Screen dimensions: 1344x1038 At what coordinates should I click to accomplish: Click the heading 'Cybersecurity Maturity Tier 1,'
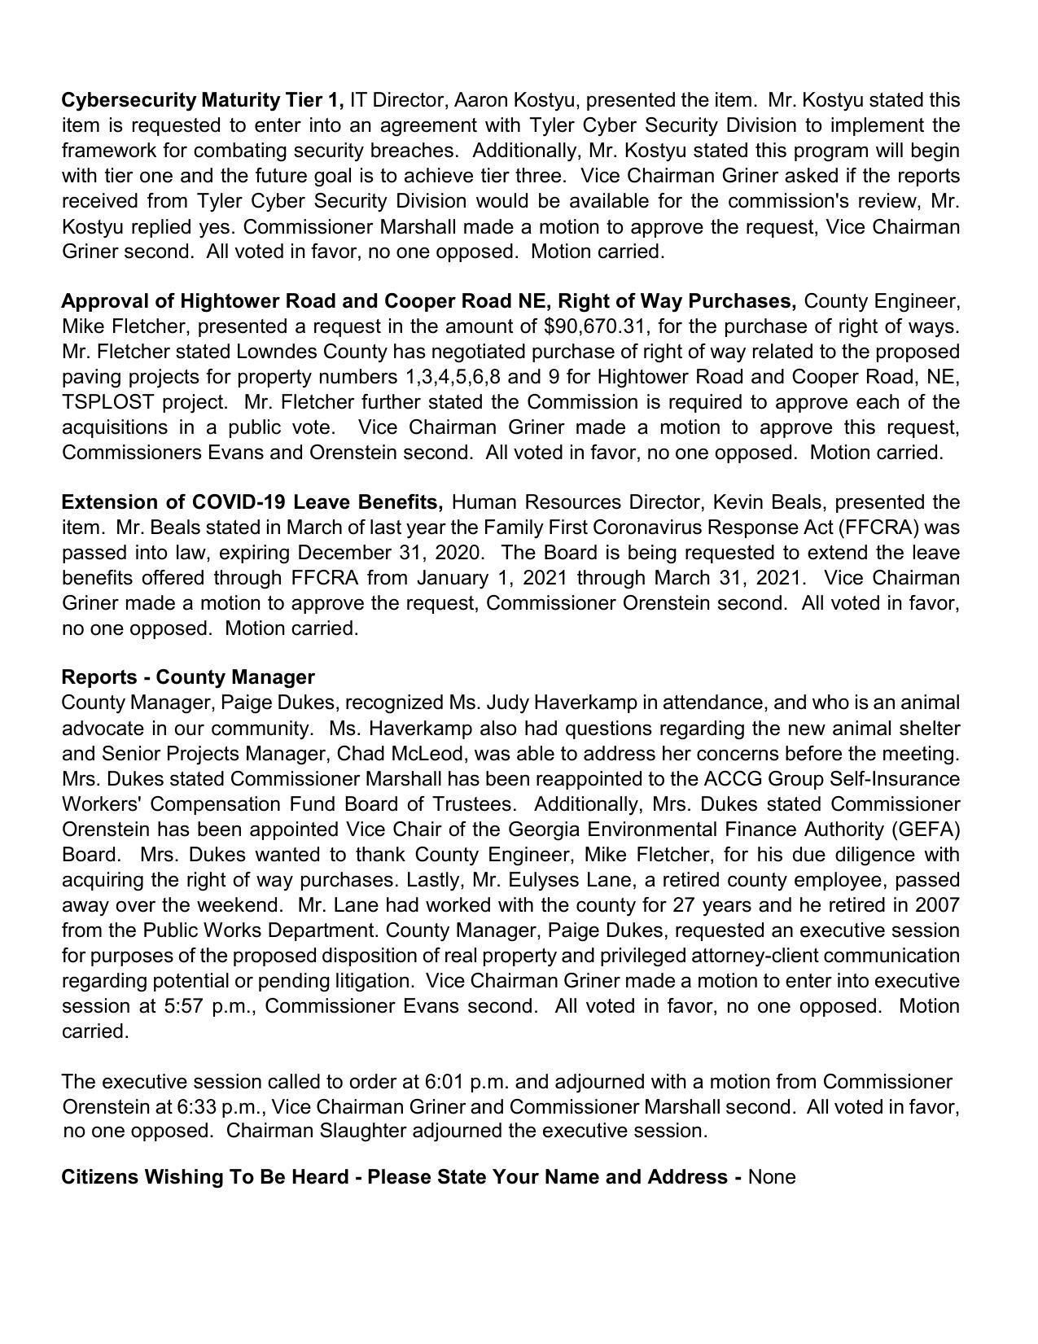click(x=203, y=100)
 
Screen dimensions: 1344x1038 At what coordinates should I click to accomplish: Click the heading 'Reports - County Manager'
click(x=188, y=677)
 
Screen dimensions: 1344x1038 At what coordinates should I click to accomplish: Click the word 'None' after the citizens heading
click(x=772, y=1177)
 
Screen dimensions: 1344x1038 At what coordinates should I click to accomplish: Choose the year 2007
click(x=938, y=905)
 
